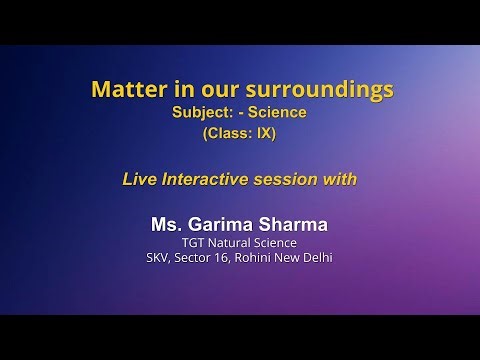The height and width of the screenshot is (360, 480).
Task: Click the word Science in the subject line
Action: click(x=280, y=113)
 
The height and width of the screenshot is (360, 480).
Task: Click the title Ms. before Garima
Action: click(x=164, y=223)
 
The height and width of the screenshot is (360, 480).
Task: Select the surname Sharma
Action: click(x=295, y=223)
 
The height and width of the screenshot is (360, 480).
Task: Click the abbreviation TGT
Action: click(x=193, y=242)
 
